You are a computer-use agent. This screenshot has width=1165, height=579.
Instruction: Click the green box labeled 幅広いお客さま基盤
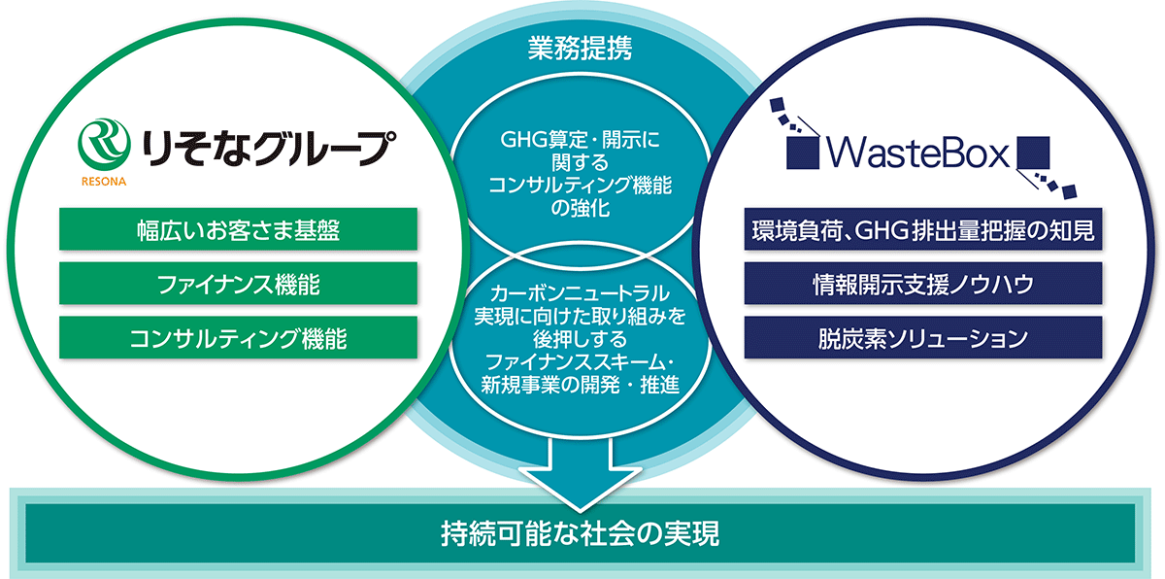[x=239, y=230]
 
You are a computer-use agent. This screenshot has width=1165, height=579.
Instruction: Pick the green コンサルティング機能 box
[x=239, y=338]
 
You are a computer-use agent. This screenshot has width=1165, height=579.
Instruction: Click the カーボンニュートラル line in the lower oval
[x=581, y=293]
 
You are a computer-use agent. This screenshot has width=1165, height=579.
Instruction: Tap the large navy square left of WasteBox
[x=802, y=153]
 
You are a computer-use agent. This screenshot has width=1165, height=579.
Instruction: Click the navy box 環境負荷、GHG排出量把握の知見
[x=924, y=230]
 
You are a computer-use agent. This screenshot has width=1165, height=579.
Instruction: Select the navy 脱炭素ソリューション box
[x=924, y=338]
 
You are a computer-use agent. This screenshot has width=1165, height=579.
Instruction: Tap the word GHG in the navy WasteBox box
[x=880, y=231]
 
